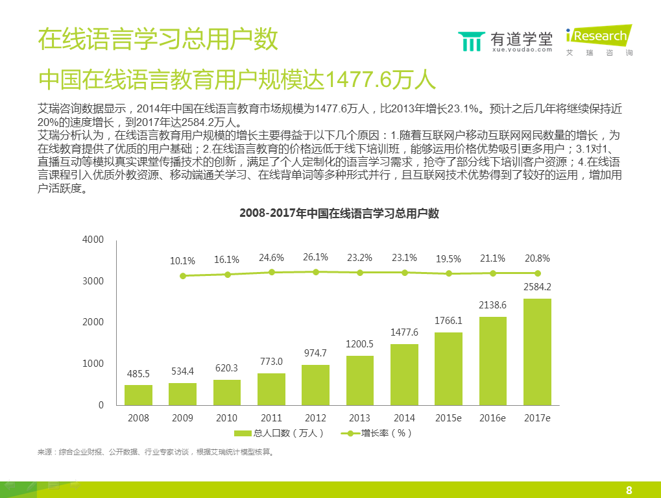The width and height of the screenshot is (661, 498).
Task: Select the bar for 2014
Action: click(404, 374)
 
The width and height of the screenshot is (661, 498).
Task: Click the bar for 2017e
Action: click(537, 351)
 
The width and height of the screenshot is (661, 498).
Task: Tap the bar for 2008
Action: click(138, 395)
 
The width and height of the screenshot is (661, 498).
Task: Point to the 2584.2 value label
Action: click(537, 287)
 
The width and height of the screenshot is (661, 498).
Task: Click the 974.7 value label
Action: click(315, 353)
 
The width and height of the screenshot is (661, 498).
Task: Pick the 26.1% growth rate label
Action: click(315, 257)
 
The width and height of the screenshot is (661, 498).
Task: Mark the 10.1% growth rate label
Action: click(182, 261)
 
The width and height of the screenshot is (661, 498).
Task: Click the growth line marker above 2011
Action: click(271, 273)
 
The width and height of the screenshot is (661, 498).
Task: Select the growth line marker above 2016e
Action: click(493, 273)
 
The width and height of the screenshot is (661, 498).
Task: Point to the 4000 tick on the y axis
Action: click(93, 240)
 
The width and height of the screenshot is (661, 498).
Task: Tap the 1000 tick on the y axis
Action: click(93, 364)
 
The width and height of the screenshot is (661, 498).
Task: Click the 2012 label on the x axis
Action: click(315, 417)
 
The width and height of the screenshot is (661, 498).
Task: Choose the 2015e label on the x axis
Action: click(448, 417)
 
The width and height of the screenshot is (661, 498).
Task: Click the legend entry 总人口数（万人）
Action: click(278, 433)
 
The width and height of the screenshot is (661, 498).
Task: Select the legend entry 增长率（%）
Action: click(377, 433)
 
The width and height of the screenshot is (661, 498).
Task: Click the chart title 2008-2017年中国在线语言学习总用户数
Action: click(339, 213)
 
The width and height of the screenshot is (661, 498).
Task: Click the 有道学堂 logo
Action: click(506, 40)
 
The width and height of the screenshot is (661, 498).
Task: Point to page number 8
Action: click(629, 490)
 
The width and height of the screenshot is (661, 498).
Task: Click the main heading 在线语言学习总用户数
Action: click(158, 39)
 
